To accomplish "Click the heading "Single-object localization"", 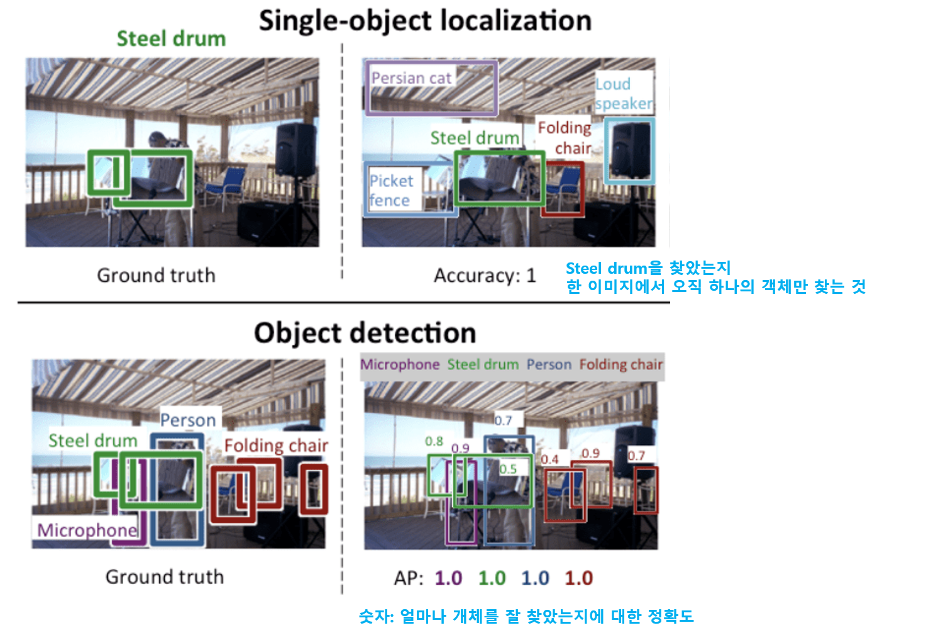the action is tap(425, 21).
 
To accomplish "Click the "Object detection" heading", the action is tap(365, 333).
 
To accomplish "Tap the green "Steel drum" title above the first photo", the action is tap(171, 39).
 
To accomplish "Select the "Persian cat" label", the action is tap(411, 78).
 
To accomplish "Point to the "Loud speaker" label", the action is tap(623, 94).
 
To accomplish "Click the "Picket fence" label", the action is tap(390, 190).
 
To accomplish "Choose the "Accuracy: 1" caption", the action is tap(485, 276).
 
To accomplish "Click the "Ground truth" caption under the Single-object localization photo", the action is tap(156, 276).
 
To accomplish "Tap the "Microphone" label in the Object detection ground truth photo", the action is tap(87, 530).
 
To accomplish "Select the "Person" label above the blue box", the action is tap(187, 420).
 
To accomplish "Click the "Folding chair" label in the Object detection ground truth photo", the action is tap(276, 446).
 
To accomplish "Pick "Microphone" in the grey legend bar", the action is tap(400, 365).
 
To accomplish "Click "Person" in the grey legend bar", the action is tap(549, 365).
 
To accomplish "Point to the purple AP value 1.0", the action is tap(448, 578).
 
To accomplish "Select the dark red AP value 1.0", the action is tap(578, 578).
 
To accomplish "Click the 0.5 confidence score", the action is tap(508, 469).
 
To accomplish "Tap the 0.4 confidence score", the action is tap(549, 459).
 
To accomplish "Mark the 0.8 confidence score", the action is tap(434, 442).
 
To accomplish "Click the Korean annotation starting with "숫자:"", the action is tap(526, 616).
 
